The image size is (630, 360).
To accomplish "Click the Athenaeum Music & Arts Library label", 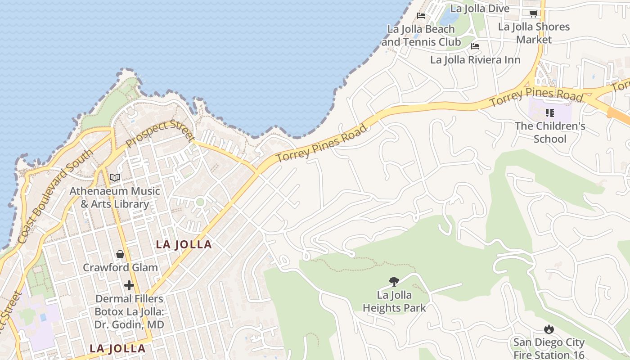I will [115, 198].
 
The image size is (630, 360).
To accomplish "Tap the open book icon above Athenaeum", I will [115, 178].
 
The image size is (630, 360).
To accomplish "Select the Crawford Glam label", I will [120, 267].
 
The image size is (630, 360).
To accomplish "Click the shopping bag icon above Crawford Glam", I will [120, 254].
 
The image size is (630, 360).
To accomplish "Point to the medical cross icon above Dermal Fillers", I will [129, 285].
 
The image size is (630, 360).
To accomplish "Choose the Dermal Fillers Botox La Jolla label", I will [129, 311].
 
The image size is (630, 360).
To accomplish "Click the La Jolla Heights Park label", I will [394, 301].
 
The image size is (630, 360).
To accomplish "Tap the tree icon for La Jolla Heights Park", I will [394, 282].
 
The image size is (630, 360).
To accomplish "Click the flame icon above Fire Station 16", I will [549, 329].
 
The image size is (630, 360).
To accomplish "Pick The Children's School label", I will [550, 132].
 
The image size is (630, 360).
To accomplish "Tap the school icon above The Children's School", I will [549, 112].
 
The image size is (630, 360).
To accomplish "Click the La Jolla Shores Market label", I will [534, 33].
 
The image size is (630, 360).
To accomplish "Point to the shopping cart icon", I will [533, 13].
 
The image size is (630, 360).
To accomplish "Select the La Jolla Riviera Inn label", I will [475, 60].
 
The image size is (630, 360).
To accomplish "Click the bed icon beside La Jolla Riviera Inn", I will [475, 46].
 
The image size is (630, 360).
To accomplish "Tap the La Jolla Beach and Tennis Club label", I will [421, 36].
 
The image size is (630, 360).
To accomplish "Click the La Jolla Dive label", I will [480, 9].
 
